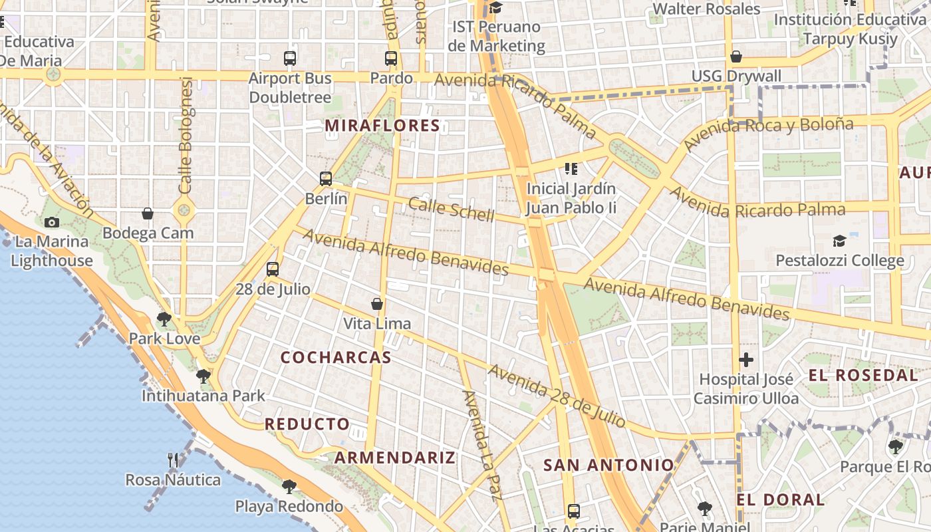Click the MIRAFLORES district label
click(382, 125)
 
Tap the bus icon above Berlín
click(326, 178)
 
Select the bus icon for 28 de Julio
click(273, 269)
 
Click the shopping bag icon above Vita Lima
click(377, 304)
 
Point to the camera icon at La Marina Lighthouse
click(51, 222)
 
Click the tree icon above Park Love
click(164, 319)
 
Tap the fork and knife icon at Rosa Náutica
click(173, 460)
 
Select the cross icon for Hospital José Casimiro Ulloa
click(746, 360)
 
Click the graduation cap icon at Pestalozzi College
click(840, 241)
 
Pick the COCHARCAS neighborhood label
click(336, 357)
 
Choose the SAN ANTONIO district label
click(608, 465)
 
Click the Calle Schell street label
click(452, 209)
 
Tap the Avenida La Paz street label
click(482, 444)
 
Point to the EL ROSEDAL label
click(863, 375)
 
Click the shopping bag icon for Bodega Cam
click(148, 213)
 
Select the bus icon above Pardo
click(391, 59)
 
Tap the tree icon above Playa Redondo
click(289, 486)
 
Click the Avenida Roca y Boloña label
click(768, 134)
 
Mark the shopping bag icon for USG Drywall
click(736, 57)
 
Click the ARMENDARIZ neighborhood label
click(395, 458)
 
